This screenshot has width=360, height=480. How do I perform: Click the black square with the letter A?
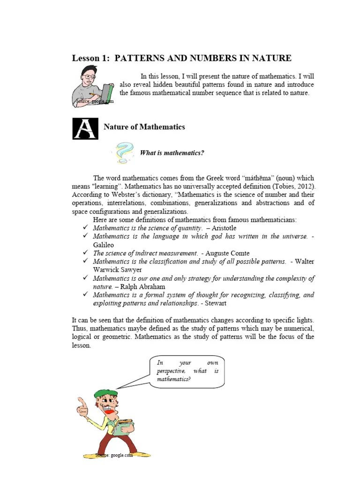click(85, 128)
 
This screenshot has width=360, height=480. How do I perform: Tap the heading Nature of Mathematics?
click(144, 127)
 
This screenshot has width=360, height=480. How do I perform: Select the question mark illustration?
click(123, 153)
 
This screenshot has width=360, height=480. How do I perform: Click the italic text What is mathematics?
click(172, 153)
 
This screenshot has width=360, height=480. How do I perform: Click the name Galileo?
click(103, 245)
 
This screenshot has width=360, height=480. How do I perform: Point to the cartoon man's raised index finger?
click(81, 404)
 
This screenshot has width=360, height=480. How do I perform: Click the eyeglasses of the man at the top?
click(90, 76)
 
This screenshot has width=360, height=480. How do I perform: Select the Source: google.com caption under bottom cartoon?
click(114, 455)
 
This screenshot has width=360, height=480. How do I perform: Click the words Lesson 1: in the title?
click(91, 58)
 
